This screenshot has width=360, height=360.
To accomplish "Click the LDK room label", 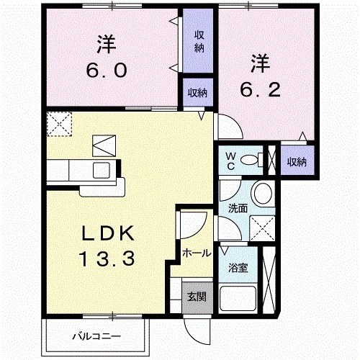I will (107, 233).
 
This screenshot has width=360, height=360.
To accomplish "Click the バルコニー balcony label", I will (96, 336).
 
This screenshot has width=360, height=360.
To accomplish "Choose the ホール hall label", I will (196, 253).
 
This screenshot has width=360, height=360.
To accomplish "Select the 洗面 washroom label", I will (238, 208).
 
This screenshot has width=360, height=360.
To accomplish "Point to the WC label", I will (232, 160).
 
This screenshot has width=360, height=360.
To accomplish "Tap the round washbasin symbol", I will (263, 193).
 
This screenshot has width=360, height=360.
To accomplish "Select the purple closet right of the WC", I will (297, 161).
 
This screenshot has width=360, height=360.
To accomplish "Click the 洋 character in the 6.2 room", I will (260, 64).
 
